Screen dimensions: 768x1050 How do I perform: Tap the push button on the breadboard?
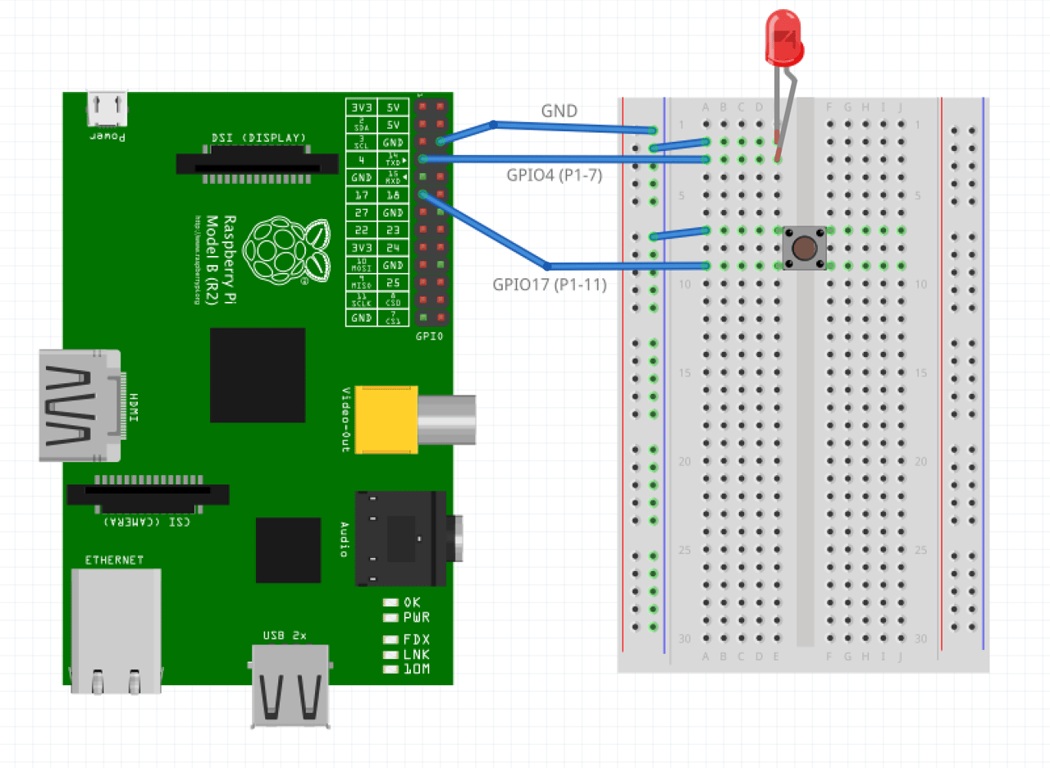tap(805, 247)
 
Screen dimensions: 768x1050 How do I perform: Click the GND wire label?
tap(559, 111)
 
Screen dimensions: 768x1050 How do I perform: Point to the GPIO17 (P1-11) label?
tap(549, 285)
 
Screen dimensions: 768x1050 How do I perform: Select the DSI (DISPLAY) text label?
tap(258, 137)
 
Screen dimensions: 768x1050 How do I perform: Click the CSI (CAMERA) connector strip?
tap(148, 494)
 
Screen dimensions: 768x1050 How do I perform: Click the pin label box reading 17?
tap(361, 195)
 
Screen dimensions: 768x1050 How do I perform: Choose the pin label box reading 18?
tap(393, 195)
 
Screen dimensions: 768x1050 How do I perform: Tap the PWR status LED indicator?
tap(391, 617)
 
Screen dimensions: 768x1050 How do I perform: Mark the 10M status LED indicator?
tap(391, 669)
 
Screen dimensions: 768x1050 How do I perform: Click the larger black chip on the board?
tap(258, 375)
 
